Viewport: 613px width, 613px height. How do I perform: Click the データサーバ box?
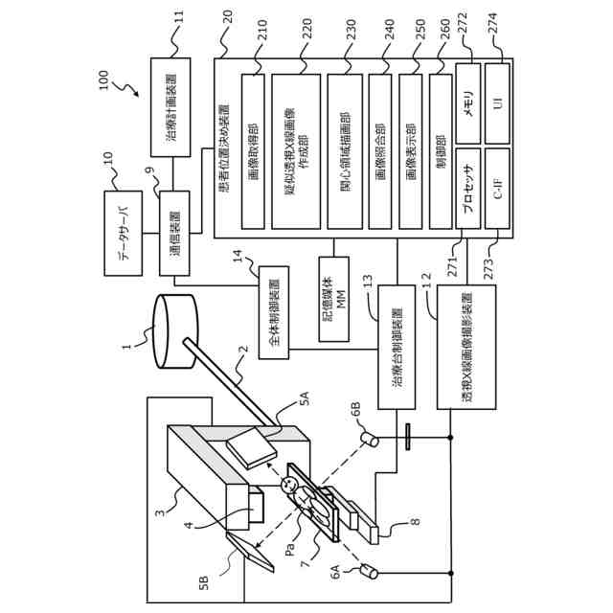click(124, 233)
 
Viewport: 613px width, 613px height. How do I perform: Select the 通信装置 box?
click(174, 233)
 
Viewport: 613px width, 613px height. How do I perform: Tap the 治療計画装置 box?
click(170, 107)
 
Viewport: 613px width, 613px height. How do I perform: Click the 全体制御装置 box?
click(274, 312)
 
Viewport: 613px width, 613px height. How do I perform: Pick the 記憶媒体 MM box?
click(334, 299)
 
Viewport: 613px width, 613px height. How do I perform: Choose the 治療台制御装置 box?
click(397, 347)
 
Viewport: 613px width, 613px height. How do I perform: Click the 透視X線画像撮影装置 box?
click(466, 347)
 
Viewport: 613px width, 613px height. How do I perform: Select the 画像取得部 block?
click(253, 151)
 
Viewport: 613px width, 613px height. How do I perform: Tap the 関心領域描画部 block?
click(345, 151)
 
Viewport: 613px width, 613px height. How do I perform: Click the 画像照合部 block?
click(380, 151)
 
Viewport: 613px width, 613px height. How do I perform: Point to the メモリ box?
click(468, 103)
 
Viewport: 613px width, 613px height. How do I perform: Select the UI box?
click(498, 103)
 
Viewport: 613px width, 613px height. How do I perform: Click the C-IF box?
click(498, 189)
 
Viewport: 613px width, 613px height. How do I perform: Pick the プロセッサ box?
click(468, 189)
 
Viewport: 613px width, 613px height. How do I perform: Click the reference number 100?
click(103, 79)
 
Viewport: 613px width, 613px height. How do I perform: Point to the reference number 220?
click(307, 28)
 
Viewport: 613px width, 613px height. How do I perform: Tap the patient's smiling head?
click(289, 486)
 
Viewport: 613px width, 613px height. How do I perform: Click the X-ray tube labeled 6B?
click(370, 438)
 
